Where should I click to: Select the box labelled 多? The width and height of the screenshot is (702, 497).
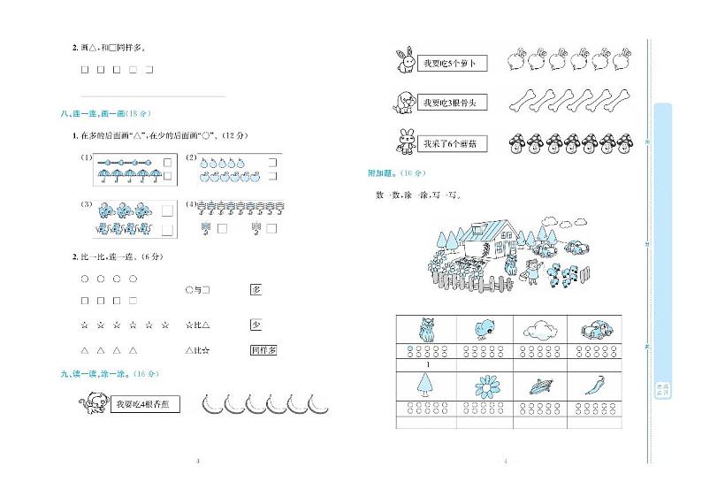(256, 290)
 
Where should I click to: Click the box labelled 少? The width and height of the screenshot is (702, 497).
(256, 325)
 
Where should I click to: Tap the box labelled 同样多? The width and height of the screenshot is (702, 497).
(263, 351)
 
